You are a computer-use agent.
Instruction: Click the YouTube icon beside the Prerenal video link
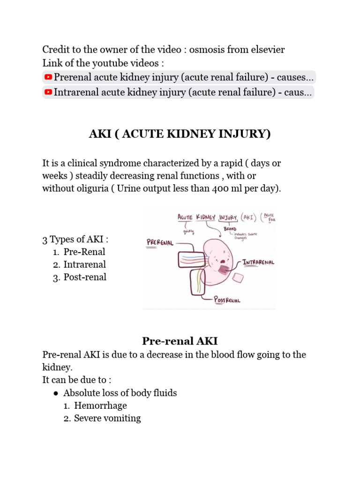(x=48, y=77)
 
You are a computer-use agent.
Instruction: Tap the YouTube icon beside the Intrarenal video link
(x=48, y=92)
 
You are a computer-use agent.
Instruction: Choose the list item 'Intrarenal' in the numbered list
(x=85, y=264)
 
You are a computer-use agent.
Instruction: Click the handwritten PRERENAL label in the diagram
(x=160, y=243)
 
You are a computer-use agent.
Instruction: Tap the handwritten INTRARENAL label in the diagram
(x=259, y=262)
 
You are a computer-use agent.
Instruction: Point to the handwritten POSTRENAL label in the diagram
(x=227, y=300)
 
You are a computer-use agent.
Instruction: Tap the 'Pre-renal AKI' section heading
(x=180, y=341)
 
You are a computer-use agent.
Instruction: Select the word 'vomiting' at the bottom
(x=124, y=418)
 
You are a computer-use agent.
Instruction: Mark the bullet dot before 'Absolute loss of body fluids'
(x=56, y=393)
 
